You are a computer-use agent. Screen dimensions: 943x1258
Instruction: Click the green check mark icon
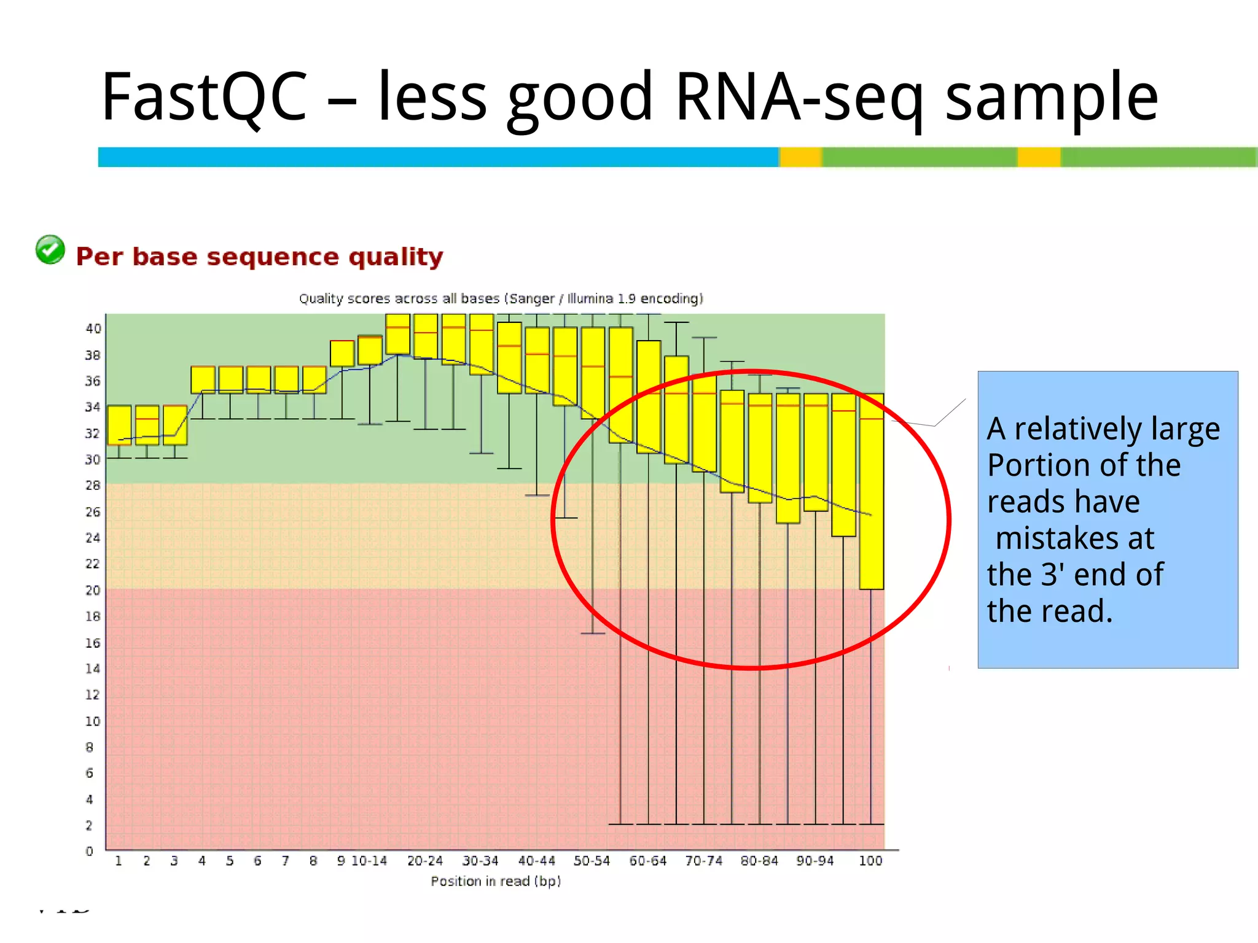[50, 250]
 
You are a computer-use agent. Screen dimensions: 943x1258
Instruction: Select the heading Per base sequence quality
[259, 257]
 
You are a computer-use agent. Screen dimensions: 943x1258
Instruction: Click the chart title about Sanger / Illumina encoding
[501, 299]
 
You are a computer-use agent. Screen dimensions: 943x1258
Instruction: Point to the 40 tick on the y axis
[93, 328]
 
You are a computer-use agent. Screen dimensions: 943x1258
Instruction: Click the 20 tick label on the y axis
[92, 590]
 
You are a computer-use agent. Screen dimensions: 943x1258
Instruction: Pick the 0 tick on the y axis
[90, 851]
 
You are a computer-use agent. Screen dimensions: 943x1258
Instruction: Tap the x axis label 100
[870, 861]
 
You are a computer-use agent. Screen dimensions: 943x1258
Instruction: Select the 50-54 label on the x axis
[592, 861]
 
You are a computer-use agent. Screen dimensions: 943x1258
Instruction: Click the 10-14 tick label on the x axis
[369, 861]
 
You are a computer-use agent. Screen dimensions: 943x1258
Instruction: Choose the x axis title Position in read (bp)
[496, 881]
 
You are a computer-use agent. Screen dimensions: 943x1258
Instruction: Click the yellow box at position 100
[871, 491]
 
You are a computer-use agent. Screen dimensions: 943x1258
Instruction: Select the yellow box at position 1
[119, 425]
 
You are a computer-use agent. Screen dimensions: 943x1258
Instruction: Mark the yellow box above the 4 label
[203, 379]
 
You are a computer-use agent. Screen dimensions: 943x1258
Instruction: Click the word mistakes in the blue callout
[1075, 538]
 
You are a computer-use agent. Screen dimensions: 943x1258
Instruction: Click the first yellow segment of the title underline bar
[800, 157]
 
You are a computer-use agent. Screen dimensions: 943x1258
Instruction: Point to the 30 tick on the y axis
[92, 459]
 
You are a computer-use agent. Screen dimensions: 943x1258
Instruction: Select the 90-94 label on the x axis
[815, 861]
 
